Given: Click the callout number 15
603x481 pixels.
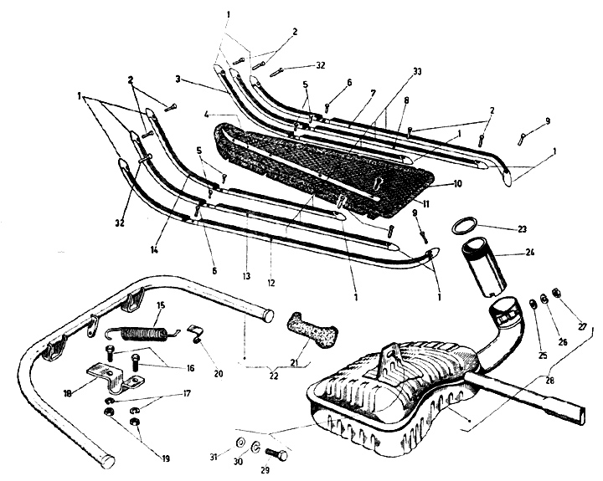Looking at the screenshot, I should tap(162, 304).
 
